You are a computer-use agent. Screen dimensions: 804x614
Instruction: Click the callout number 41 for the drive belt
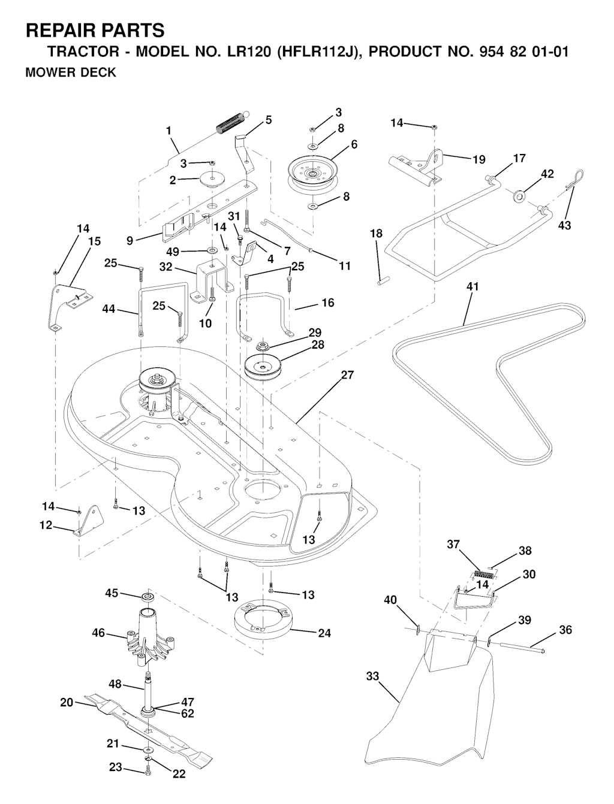point(473,287)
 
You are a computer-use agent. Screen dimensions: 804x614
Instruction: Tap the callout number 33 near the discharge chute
point(372,676)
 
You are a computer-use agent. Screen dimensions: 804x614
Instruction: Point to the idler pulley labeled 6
point(311,171)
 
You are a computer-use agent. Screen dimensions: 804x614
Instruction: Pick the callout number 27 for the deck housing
point(347,376)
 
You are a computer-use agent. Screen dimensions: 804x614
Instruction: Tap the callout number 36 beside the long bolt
point(565,630)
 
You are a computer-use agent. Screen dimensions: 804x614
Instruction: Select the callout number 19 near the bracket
point(478,160)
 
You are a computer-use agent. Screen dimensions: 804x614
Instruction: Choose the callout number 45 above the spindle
point(112,593)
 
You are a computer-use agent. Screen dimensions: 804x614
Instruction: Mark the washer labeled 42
point(519,195)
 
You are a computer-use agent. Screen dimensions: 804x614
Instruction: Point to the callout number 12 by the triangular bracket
point(46,525)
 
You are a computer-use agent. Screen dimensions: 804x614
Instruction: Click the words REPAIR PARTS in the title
point(95,30)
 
